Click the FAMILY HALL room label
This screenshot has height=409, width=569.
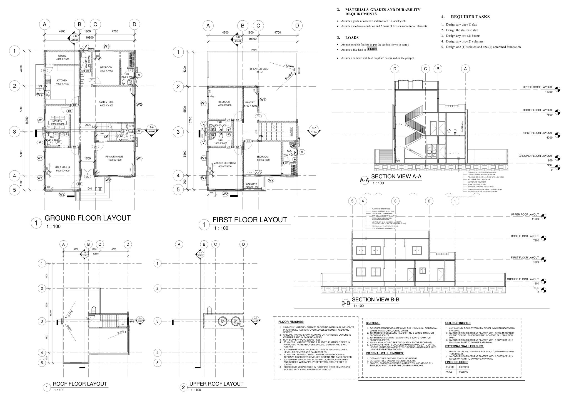[106, 102]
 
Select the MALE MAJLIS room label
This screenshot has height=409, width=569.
[62, 167]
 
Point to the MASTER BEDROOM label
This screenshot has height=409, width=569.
[224, 163]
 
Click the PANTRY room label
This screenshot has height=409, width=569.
[250, 103]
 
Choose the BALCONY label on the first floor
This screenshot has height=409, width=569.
[252, 184]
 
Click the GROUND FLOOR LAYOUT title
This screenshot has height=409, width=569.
[88, 218]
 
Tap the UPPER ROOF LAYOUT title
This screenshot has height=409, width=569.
[216, 384]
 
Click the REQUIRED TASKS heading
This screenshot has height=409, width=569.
[470, 17]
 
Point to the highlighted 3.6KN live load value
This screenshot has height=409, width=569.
[372, 49]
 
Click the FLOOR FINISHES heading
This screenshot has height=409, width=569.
[291, 322]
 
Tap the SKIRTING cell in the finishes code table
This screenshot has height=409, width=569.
[464, 367]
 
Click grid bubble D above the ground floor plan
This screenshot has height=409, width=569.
[134, 24]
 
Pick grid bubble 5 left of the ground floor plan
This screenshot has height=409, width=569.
[14, 190]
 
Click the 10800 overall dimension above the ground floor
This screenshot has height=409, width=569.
[89, 37]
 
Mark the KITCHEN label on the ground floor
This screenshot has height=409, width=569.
[62, 81]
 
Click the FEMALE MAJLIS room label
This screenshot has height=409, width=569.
[114, 157]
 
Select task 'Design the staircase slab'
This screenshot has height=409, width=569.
[462, 30]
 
